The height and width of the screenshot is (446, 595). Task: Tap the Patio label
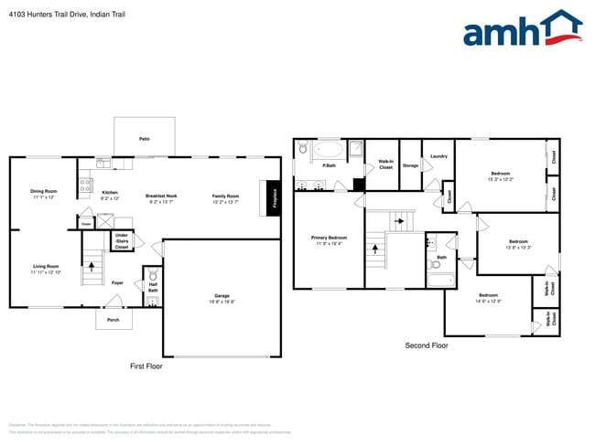coord(144,138)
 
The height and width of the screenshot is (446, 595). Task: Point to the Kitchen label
coord(110,193)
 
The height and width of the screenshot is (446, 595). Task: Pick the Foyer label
coord(117,282)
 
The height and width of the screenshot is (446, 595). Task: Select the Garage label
coord(222,297)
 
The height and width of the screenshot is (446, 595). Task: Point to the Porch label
coord(114,320)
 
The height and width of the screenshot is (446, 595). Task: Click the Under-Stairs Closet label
coord(121,241)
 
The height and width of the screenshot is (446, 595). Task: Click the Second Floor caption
coord(427,345)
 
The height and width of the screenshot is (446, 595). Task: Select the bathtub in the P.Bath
coord(328,149)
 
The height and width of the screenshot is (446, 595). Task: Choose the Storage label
coord(410,165)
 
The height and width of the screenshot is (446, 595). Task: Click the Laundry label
coord(438,156)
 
